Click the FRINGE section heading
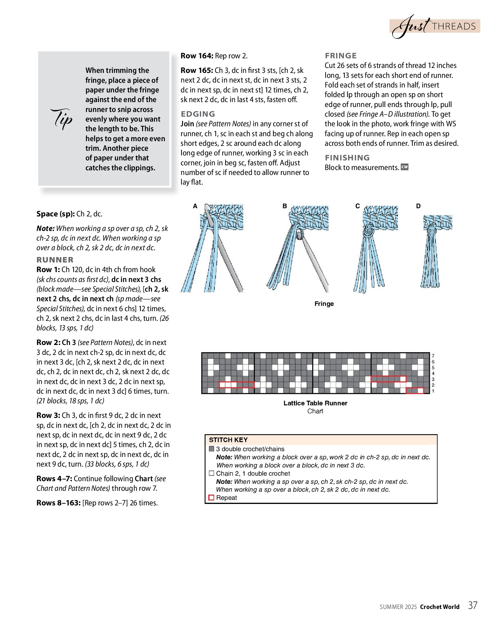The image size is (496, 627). pos(341,56)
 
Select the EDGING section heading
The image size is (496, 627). pos(198,114)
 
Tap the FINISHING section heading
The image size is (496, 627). pos(347,158)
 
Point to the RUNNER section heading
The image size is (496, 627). pos(55,260)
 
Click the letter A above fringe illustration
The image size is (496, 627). pos(195,206)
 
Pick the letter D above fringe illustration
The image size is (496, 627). pos(418,206)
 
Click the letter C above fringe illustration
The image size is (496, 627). pos(357,206)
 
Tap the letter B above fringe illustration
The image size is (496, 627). pos(284,206)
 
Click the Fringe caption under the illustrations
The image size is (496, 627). pos(324,304)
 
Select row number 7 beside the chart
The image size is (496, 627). pos(433,356)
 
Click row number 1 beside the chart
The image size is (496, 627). pos(433,391)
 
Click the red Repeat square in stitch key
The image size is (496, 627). pos(212,498)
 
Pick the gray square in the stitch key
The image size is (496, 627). pos(212,449)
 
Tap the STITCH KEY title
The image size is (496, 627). pos(228,440)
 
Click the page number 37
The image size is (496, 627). pos(473,605)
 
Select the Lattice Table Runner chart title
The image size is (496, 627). pos(315,403)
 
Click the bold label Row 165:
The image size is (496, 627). pos(197,70)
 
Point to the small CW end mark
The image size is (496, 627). pos(404,167)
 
